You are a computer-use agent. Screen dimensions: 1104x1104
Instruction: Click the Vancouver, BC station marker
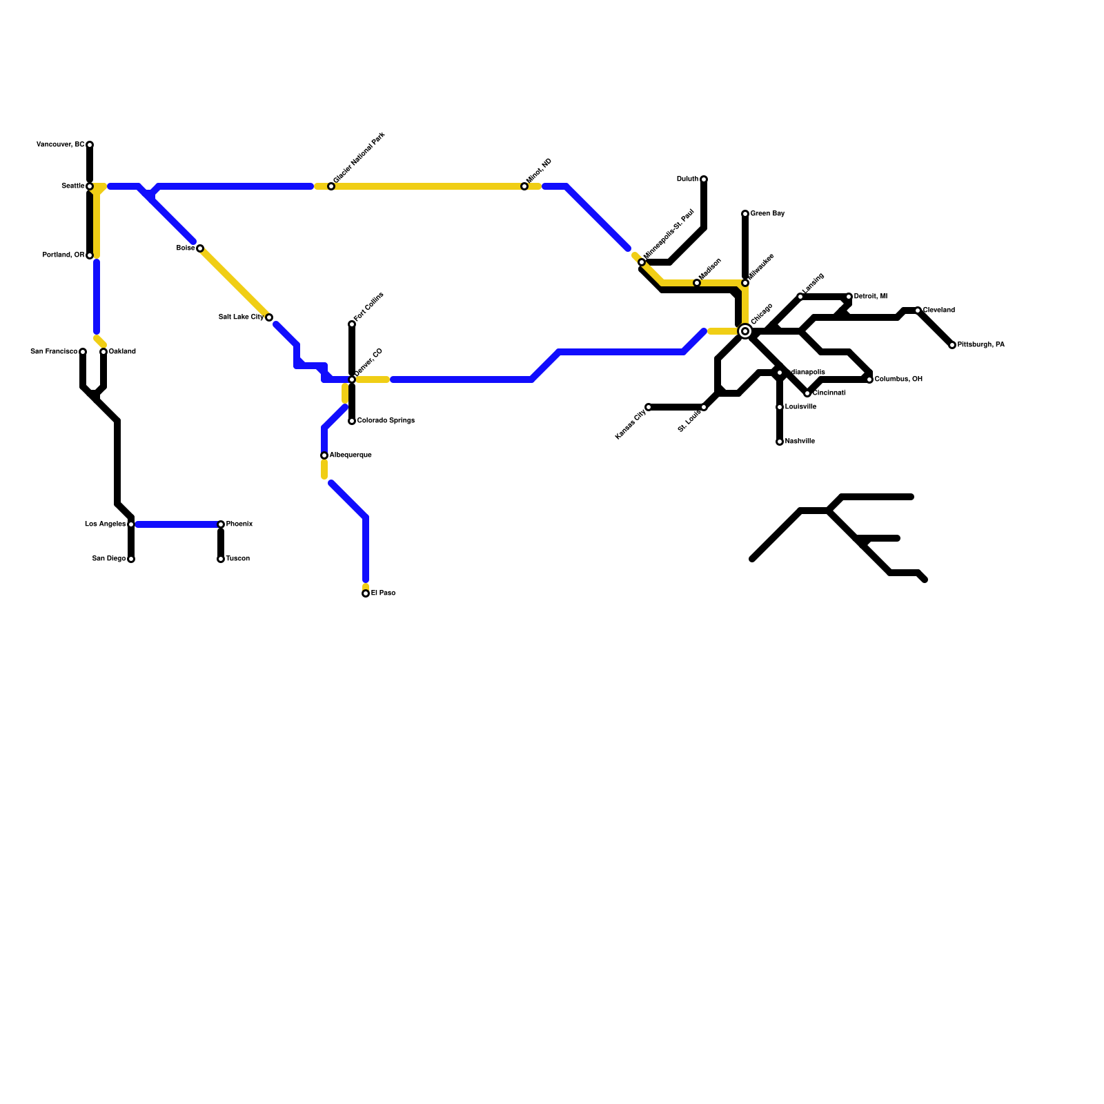tap(90, 145)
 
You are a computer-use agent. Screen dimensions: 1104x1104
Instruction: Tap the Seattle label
tap(72, 186)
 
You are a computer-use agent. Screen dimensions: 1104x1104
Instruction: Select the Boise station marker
tap(200, 248)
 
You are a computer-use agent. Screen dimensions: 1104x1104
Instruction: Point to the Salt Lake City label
tap(241, 317)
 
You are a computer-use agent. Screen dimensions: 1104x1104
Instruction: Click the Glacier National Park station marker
tap(331, 186)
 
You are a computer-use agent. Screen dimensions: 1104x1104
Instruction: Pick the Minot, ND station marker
tap(524, 186)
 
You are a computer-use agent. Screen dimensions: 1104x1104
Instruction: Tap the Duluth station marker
tap(704, 179)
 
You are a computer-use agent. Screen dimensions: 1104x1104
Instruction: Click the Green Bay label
tap(767, 214)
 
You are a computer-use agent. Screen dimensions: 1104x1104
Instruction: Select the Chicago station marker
tap(745, 331)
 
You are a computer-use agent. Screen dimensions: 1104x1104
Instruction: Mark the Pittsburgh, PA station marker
tap(952, 345)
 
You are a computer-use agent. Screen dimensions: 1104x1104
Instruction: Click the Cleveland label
tap(938, 310)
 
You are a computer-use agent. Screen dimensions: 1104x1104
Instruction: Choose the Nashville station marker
tap(780, 442)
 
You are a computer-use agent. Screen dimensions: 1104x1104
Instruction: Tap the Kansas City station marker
tap(649, 407)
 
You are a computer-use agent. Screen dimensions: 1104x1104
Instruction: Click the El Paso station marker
tap(366, 593)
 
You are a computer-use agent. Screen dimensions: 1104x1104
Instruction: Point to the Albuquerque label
tap(351, 455)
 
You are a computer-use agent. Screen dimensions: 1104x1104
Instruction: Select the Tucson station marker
tap(221, 559)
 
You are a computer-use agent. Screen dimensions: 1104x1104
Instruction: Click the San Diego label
tap(109, 559)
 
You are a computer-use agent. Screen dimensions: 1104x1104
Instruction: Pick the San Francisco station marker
tap(83, 352)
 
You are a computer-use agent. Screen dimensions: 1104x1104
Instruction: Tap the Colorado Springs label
tap(386, 421)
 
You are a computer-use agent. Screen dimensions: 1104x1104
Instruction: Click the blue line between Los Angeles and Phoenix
tap(176, 524)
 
